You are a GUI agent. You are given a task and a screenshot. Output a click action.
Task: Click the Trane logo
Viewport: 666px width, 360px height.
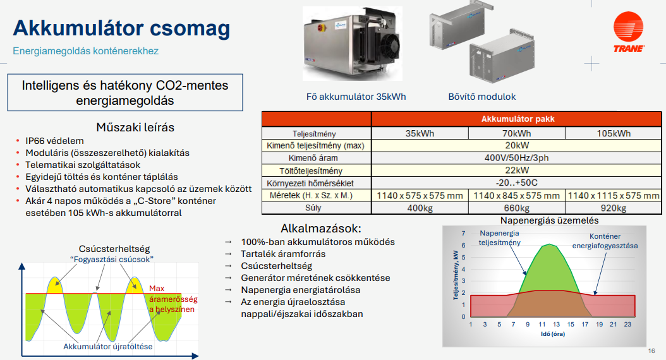click(629, 32)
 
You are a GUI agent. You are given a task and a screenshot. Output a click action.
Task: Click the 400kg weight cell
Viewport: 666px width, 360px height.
click(420, 208)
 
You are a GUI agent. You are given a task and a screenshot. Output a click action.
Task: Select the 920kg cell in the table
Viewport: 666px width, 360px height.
click(614, 208)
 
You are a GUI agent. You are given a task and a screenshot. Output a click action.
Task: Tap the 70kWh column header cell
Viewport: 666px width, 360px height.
click(516, 133)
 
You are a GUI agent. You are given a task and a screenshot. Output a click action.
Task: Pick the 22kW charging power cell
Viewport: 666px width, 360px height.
click(516, 171)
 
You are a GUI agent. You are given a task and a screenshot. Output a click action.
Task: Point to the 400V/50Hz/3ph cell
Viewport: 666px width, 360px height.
click(516, 158)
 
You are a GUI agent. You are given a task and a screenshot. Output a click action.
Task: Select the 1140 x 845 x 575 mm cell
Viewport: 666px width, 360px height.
click(516, 196)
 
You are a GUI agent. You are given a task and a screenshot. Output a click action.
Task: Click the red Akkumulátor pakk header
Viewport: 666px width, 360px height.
click(516, 119)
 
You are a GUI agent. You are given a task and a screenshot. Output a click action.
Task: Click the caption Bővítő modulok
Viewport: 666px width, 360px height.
click(482, 97)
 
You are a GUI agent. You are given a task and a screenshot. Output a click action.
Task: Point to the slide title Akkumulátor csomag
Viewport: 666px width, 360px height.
click(121, 28)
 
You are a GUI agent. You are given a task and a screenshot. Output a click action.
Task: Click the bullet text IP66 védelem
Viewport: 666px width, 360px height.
click(54, 141)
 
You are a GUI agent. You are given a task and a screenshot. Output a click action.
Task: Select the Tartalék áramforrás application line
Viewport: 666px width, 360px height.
click(283, 254)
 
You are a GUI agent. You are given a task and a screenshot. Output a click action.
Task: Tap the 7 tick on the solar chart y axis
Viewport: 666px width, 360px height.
click(463, 233)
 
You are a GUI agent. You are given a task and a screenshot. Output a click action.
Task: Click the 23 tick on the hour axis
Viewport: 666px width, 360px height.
click(628, 325)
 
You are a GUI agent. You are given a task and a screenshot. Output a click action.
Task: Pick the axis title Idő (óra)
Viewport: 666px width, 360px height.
click(553, 334)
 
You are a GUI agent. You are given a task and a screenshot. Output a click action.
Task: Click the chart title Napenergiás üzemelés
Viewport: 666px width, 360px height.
click(549, 220)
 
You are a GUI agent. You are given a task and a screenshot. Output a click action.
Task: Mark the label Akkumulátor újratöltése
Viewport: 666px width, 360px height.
click(108, 346)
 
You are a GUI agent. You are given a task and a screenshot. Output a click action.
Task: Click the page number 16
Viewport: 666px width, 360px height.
click(651, 351)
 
